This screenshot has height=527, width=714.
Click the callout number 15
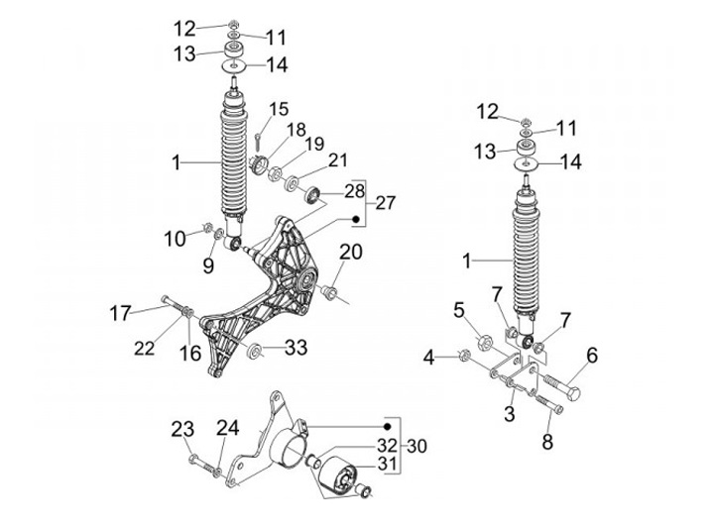[279, 108]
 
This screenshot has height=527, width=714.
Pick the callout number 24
[228, 428]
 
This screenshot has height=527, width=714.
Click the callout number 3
[509, 413]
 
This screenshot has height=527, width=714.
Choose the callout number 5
[459, 311]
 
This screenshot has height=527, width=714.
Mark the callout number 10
[176, 238]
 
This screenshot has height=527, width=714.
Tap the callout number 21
[338, 160]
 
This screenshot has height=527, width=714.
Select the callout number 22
[146, 348]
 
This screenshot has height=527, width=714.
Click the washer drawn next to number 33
[256, 350]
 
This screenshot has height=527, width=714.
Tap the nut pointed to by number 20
[329, 292]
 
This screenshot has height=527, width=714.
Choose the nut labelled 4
[462, 354]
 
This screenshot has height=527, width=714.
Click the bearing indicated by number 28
[313, 193]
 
